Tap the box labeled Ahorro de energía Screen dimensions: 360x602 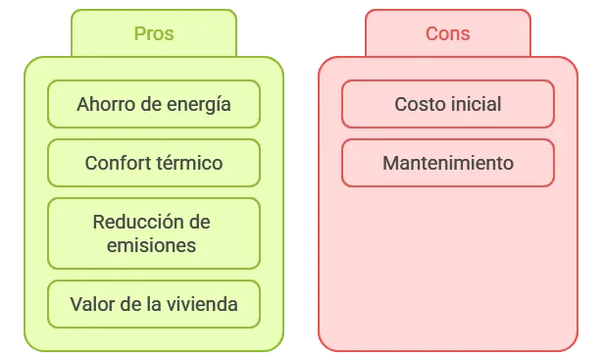154,104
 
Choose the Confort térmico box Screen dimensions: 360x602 154,163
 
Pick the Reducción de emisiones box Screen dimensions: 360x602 154,233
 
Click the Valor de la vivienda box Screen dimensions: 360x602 154,304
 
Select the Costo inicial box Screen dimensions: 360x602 447,104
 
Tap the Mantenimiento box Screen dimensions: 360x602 447,163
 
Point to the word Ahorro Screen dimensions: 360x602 104,104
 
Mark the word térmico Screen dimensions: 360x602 190,163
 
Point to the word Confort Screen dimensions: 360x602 118,163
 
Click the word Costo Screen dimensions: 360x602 418,104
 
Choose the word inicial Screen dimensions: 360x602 475,104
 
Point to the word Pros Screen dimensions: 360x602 154,33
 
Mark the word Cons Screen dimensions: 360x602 447,33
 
